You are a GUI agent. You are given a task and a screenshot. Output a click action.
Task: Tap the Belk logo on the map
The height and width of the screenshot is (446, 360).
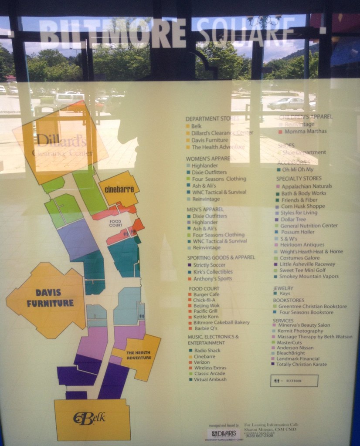[89, 418]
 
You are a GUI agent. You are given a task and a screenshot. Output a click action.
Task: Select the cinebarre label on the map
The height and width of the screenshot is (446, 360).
[118, 189]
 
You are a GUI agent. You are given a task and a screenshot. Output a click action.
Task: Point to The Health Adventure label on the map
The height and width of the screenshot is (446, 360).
[139, 355]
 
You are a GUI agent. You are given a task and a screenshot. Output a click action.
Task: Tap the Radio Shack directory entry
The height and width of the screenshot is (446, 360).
[207, 350]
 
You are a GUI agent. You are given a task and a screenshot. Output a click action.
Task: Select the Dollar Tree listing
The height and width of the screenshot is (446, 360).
[293, 220]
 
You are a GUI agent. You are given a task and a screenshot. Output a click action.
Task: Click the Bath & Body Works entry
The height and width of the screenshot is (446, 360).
[303, 193]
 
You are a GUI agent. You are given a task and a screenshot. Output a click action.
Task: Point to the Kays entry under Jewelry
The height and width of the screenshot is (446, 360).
[285, 294]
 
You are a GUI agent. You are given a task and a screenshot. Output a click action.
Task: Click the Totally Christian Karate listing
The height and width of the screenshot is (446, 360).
[301, 364]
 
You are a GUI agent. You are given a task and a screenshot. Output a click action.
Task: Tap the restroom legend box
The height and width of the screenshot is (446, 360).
[294, 381]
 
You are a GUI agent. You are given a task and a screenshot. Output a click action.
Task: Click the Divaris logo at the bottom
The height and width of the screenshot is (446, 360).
[223, 433]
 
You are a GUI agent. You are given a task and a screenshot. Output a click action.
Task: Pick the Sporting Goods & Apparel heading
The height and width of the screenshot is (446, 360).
[221, 257]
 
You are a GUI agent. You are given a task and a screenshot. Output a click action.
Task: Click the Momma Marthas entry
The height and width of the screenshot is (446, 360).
[305, 131]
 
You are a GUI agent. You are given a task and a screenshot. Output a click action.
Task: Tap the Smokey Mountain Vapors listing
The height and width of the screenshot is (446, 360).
[309, 277]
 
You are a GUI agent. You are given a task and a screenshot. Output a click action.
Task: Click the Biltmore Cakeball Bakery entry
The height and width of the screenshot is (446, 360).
[221, 322]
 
